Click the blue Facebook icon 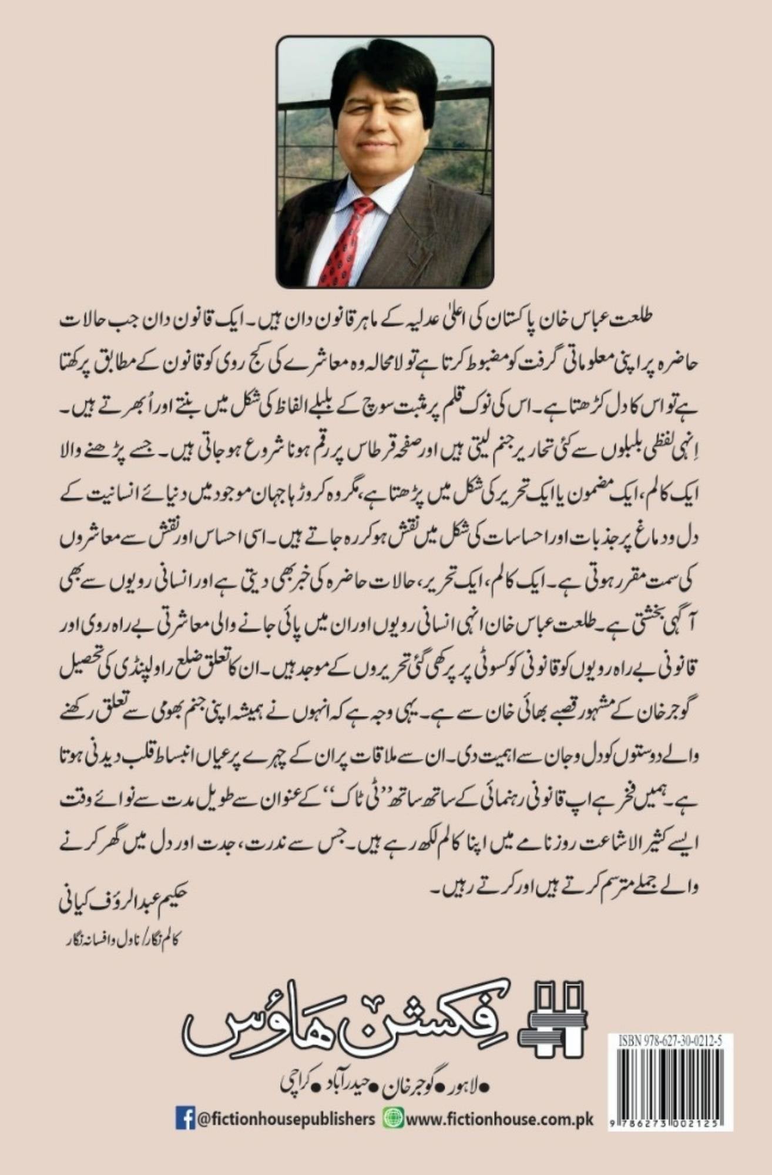pyautogui.click(x=185, y=1117)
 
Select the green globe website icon pyautogui.click(x=393, y=1117)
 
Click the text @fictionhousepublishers pyautogui.click(x=286, y=1118)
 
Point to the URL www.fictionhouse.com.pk pyautogui.click(x=499, y=1118)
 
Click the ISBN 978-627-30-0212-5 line pyautogui.click(x=670, y=1041)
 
